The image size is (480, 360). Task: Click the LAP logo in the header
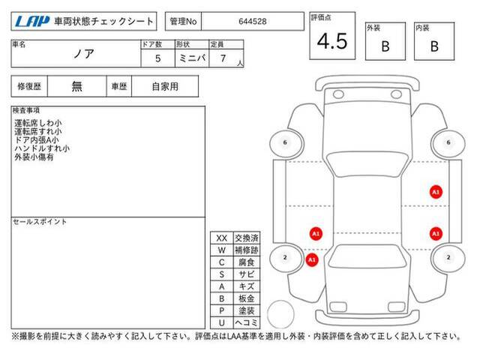[32, 22]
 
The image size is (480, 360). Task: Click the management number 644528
[253, 22]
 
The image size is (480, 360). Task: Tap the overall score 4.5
[332, 41]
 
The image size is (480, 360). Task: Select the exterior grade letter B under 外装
[385, 46]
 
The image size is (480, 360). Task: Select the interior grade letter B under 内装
[434, 46]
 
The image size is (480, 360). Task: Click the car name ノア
[83, 54]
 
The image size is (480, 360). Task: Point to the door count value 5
[158, 58]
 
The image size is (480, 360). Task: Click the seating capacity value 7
[223, 58]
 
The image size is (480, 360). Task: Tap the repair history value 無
[76, 87]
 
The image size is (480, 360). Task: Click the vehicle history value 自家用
[165, 87]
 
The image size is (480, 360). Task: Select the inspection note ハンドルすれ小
[42, 148]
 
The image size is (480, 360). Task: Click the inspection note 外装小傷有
[34, 157]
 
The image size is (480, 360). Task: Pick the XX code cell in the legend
[222, 238]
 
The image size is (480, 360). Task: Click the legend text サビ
[247, 274]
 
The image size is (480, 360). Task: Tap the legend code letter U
[222, 322]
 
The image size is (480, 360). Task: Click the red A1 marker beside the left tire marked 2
[312, 260]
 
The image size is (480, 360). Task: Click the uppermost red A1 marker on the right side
[436, 192]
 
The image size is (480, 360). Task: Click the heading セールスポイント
[40, 222]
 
